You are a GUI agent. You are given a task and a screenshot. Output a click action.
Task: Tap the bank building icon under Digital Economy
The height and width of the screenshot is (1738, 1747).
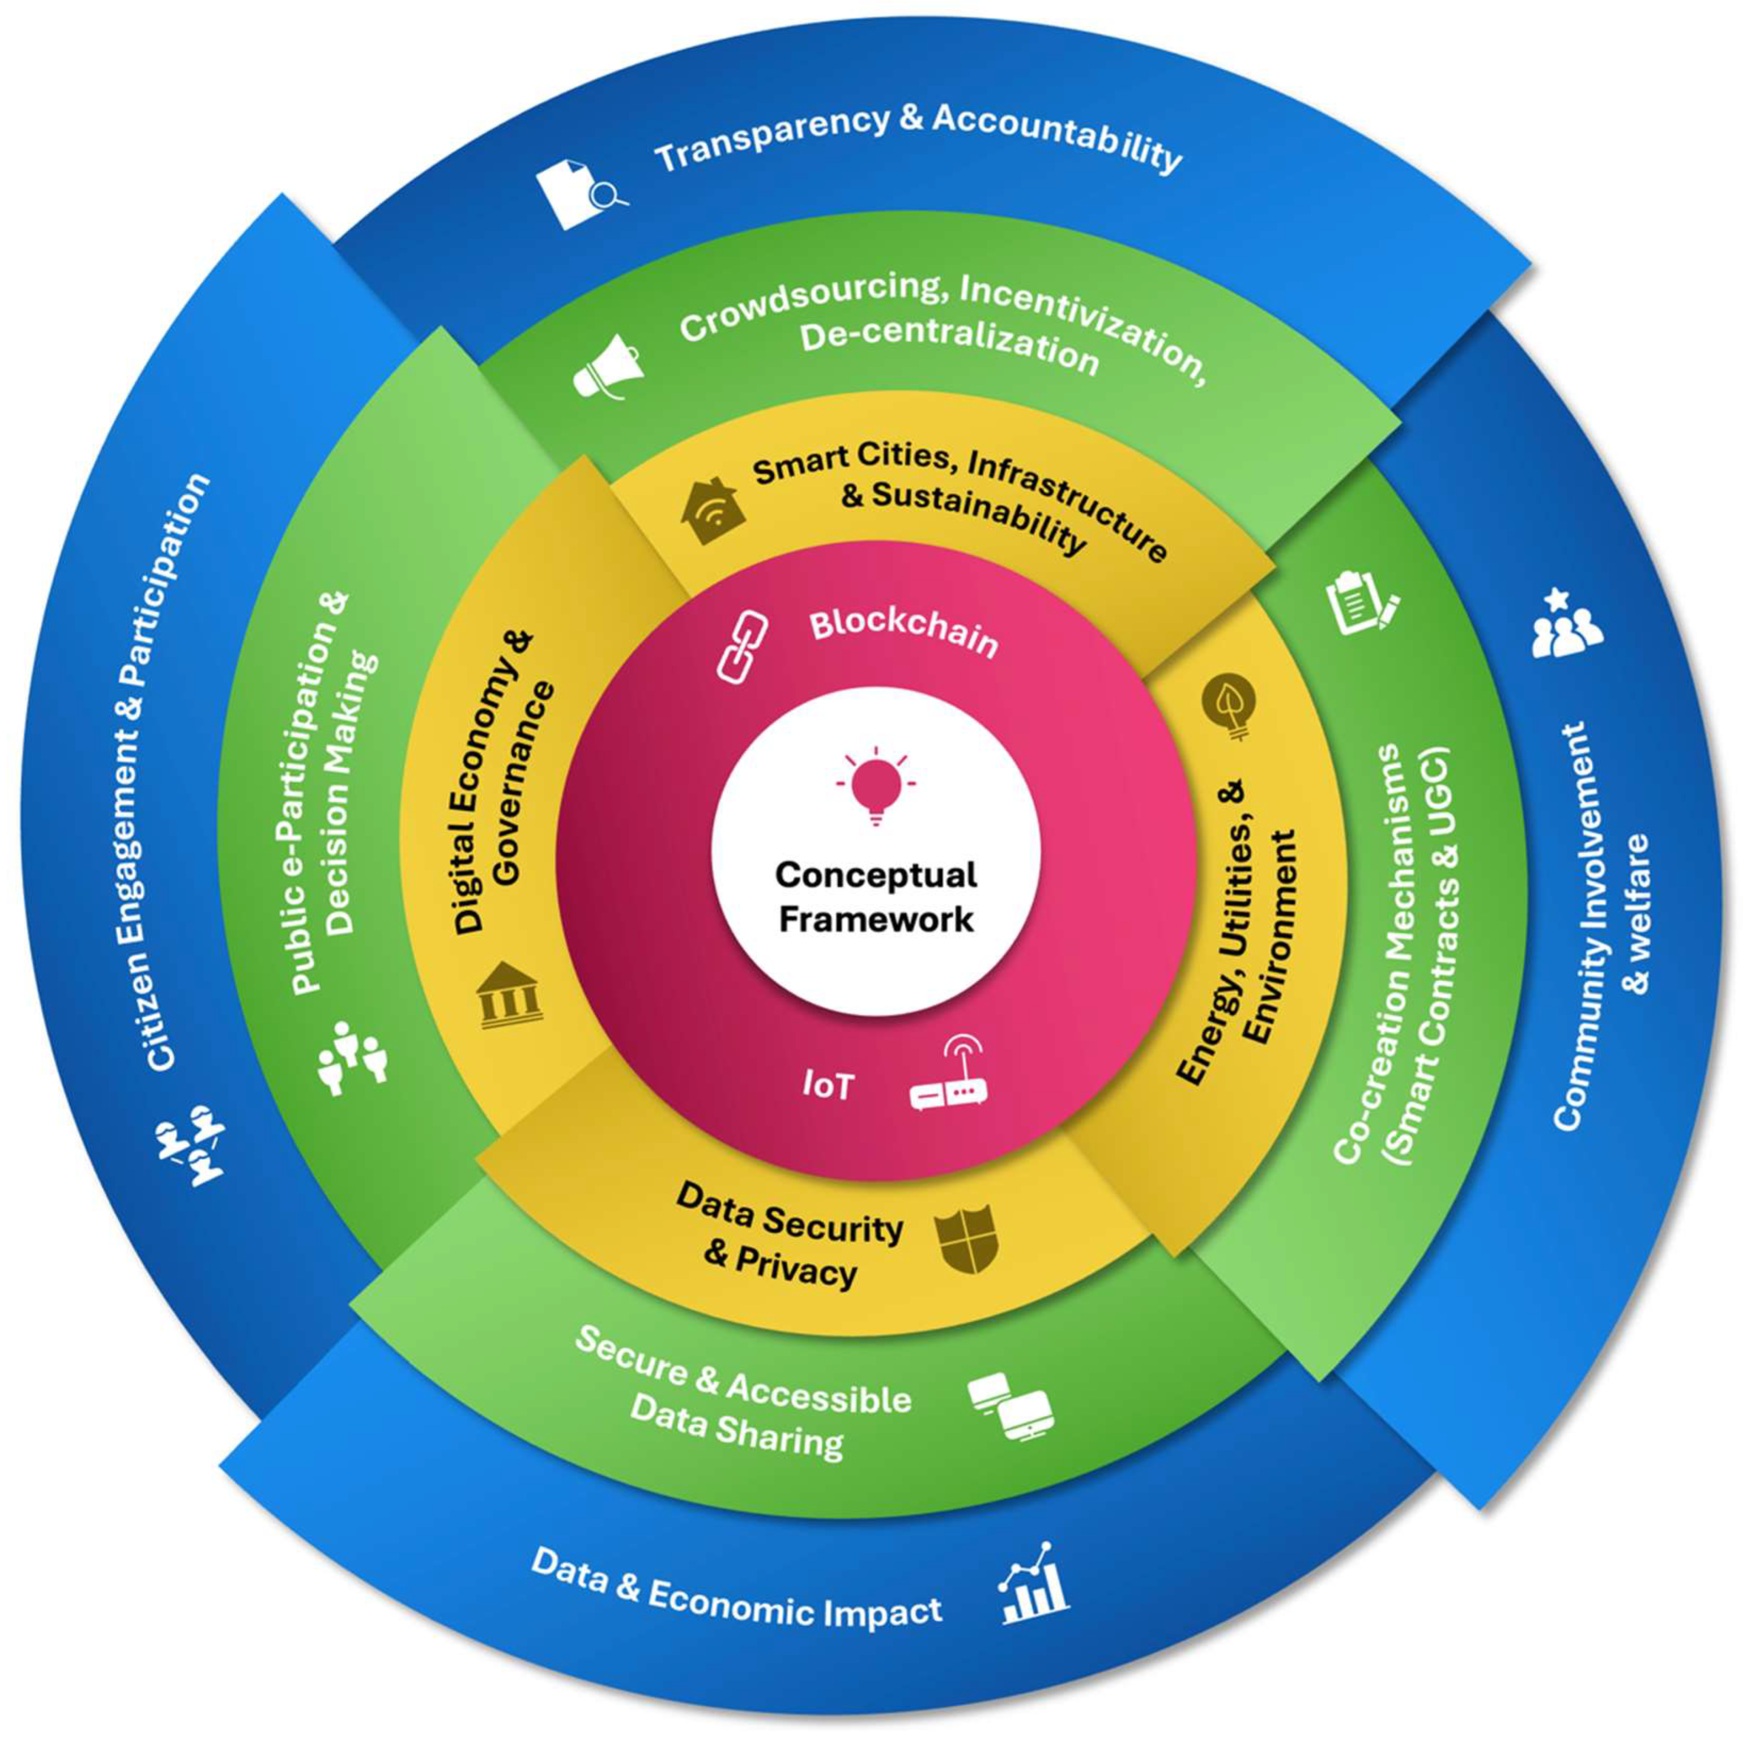click(x=508, y=995)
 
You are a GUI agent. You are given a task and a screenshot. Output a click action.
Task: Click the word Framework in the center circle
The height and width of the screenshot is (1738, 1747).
click(x=876, y=920)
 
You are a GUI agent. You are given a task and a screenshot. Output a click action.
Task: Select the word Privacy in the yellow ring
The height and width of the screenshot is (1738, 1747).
click(x=796, y=1269)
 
